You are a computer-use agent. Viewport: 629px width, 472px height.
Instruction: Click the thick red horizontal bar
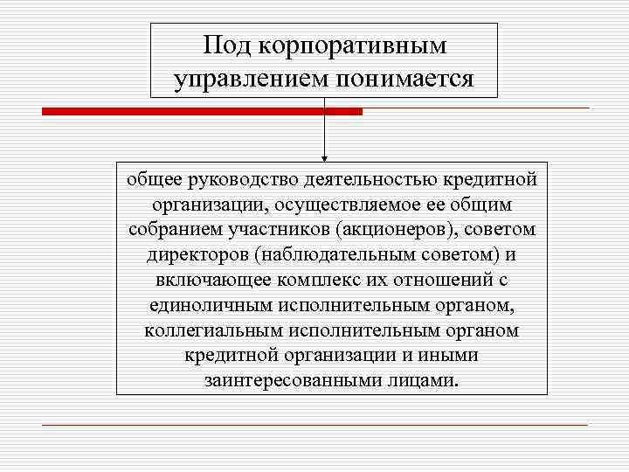(202, 112)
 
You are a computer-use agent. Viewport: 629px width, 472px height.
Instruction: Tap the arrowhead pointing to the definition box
(324, 159)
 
